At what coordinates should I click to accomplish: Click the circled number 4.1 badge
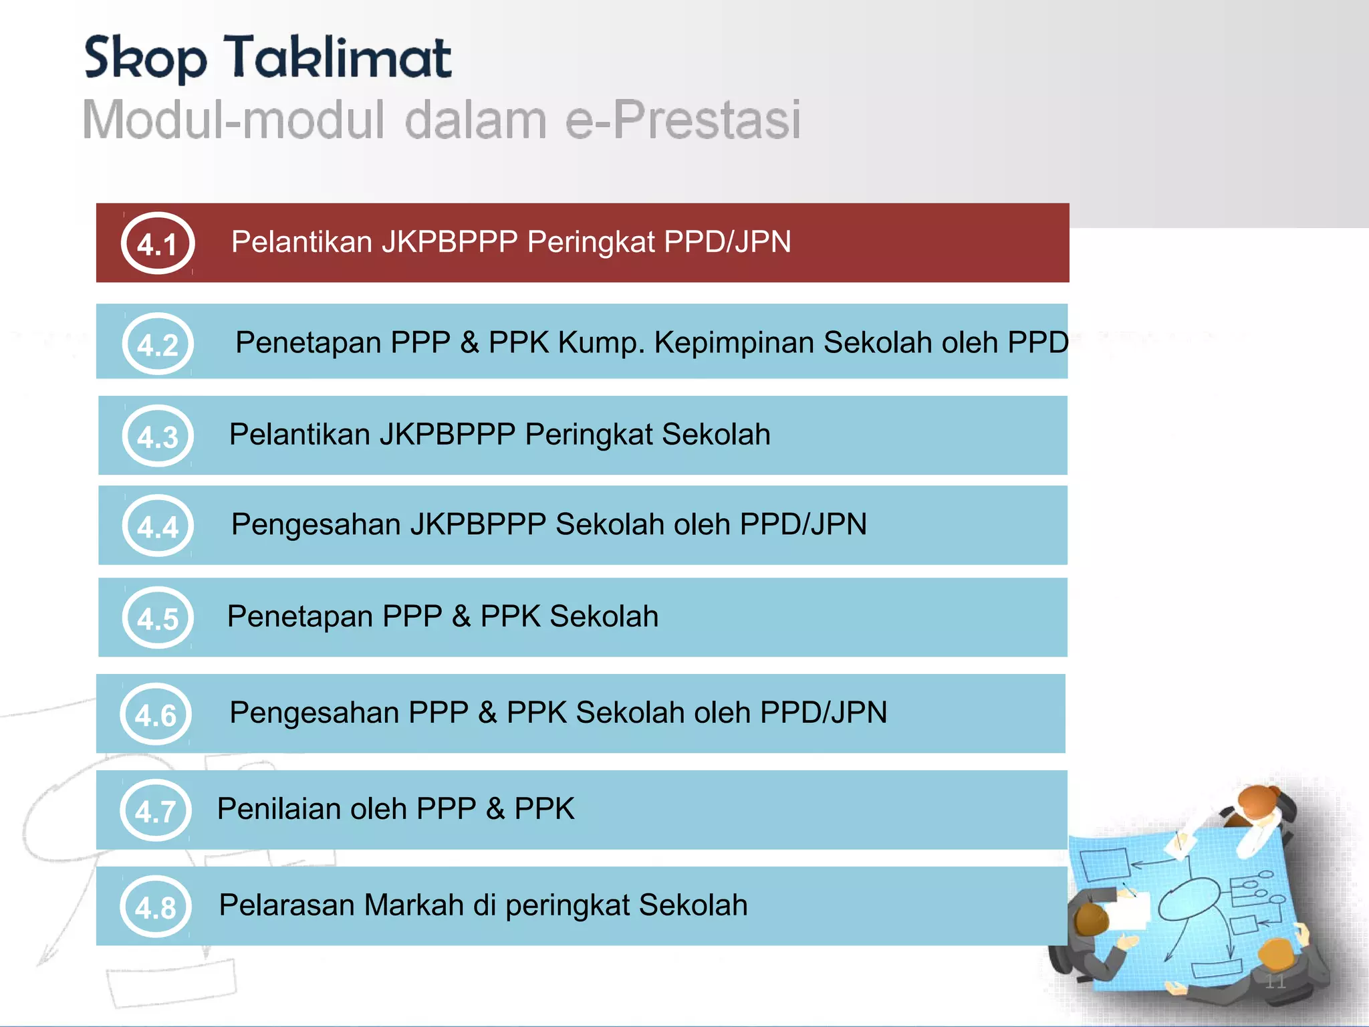click(158, 243)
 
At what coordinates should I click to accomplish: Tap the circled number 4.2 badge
click(158, 344)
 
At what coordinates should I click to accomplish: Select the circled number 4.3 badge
click(158, 436)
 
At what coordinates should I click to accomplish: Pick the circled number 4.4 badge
click(158, 526)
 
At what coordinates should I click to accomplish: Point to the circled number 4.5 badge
click(158, 618)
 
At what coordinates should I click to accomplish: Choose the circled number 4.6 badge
click(156, 714)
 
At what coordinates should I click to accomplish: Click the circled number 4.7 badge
click(156, 810)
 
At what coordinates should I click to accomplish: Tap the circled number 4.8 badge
click(156, 907)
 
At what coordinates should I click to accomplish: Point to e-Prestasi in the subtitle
click(682, 120)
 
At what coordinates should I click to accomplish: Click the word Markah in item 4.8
click(414, 905)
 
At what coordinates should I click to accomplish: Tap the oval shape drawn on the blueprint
click(1189, 899)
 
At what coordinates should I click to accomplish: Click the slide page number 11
click(1275, 982)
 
